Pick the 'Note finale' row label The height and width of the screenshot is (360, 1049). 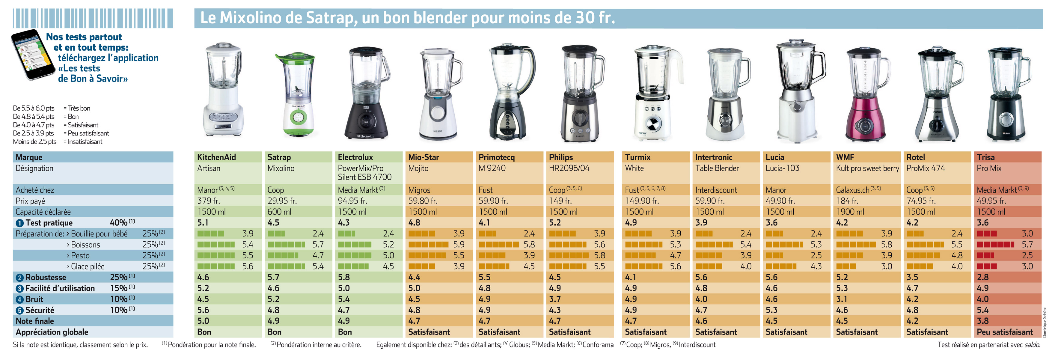pos(34,321)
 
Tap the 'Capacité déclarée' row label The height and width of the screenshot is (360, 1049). pos(43,212)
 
